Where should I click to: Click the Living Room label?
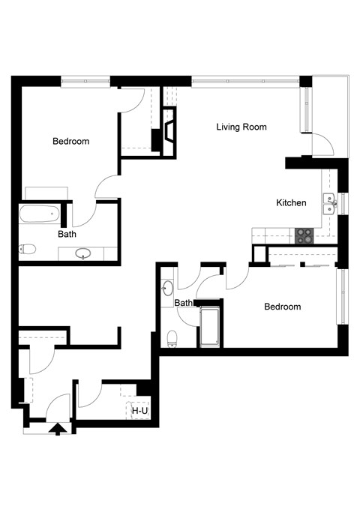pyautogui.click(x=241, y=127)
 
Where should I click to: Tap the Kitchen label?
pyautogui.click(x=291, y=202)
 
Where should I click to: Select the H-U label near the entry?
pyautogui.click(x=139, y=411)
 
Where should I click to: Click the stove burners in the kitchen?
pyautogui.click(x=304, y=235)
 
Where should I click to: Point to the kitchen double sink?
pyautogui.click(x=328, y=200)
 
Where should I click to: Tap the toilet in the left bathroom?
pyautogui.click(x=28, y=249)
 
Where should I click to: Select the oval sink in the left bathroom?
pyautogui.click(x=85, y=253)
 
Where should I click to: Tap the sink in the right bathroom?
pyautogui.click(x=168, y=287)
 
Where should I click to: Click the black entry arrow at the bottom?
pyautogui.click(x=57, y=430)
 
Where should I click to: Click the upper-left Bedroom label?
pyautogui.click(x=70, y=141)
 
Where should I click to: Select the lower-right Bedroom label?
pyautogui.click(x=282, y=307)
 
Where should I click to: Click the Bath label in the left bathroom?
pyautogui.click(x=67, y=234)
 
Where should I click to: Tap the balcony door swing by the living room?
pyautogui.click(x=322, y=142)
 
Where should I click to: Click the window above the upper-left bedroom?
pyautogui.click(x=85, y=80)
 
